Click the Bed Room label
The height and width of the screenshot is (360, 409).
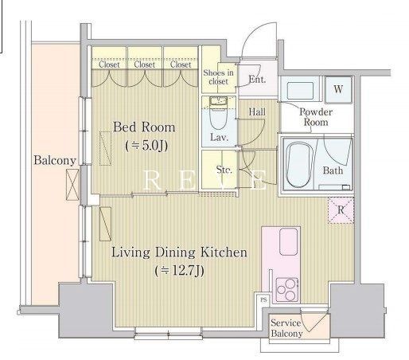[144, 127]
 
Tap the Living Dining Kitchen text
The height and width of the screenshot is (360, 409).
[179, 252]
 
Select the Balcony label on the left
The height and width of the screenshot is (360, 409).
[55, 160]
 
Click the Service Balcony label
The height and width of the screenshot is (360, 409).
[286, 328]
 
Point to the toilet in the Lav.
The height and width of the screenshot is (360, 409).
[219, 113]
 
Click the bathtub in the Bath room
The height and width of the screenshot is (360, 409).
[299, 165]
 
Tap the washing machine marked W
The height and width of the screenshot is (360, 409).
[338, 89]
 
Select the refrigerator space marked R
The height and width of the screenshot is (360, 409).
[341, 210]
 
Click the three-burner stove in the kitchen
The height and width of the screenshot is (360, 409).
[286, 289]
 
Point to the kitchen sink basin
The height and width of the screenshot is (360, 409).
[289, 241]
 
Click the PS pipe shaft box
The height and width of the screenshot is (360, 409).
[263, 300]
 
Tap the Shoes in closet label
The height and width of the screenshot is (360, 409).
[218, 76]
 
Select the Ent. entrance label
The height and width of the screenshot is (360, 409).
[257, 79]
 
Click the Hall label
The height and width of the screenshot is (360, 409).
[257, 112]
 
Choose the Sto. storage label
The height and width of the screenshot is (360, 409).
[224, 170]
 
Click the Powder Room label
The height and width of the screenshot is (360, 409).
[316, 117]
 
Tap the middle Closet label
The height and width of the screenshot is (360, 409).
[145, 65]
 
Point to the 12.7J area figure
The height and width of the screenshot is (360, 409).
[180, 271]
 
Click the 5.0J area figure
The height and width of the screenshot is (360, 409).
[146, 146]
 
